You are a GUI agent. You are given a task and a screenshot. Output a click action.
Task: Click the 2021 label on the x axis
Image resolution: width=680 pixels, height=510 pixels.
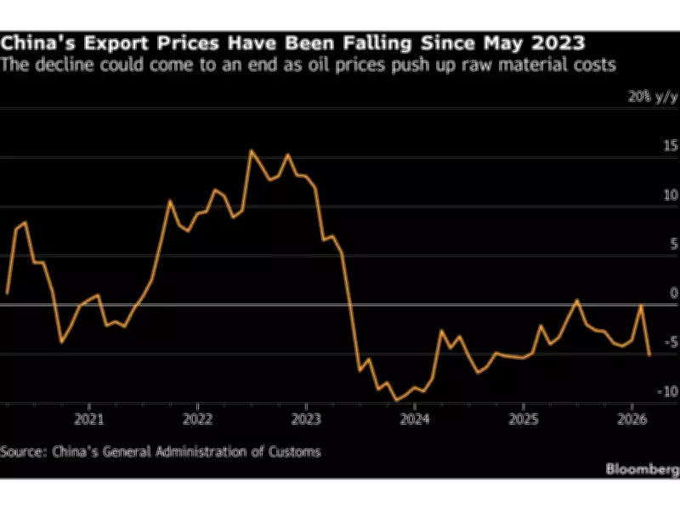click(x=89, y=419)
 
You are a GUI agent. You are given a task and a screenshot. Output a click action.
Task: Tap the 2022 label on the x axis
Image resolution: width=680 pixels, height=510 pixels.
click(x=198, y=419)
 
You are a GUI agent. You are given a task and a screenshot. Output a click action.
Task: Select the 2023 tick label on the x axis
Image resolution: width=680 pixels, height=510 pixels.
click(x=306, y=419)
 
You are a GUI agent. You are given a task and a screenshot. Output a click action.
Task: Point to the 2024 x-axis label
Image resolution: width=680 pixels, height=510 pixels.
click(x=415, y=419)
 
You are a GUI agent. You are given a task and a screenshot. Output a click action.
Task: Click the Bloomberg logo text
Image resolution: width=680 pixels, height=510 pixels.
click(x=642, y=468)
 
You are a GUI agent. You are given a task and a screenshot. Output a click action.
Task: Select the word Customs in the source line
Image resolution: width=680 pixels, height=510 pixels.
click(x=293, y=451)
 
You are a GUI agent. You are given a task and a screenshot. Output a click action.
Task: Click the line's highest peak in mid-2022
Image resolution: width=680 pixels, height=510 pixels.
click(x=251, y=150)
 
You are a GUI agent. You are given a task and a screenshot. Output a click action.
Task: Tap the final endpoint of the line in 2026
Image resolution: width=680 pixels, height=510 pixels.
click(x=650, y=355)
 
